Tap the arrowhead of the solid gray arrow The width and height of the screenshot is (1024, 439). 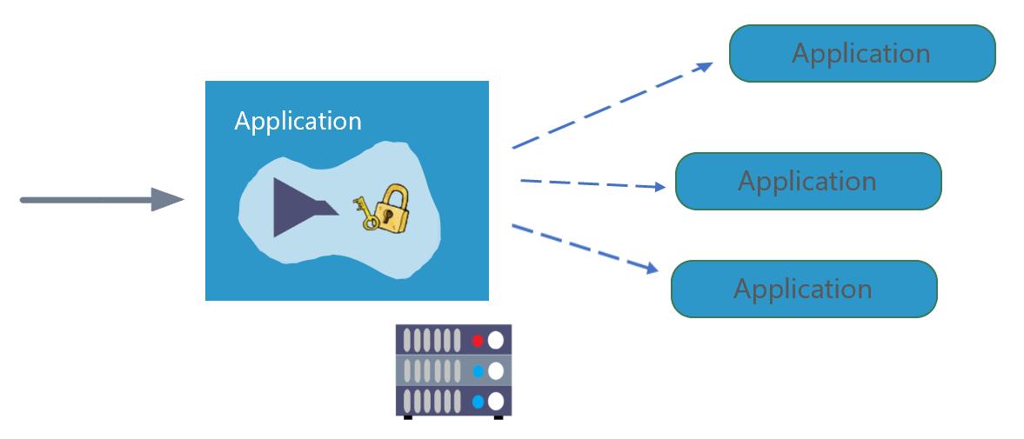pyautogui.click(x=167, y=200)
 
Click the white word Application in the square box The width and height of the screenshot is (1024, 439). pyautogui.click(x=298, y=121)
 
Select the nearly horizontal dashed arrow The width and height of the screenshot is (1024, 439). pyautogui.click(x=596, y=183)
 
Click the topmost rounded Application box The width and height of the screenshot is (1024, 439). pyautogui.click(x=861, y=53)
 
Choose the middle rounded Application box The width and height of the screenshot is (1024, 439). pyautogui.click(x=807, y=181)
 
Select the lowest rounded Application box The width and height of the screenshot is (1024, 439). pyautogui.click(x=803, y=289)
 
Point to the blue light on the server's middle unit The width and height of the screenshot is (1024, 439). pyautogui.click(x=477, y=372)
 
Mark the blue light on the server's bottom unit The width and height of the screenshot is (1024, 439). pyautogui.click(x=477, y=402)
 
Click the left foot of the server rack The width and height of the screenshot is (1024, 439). pyautogui.click(x=406, y=417)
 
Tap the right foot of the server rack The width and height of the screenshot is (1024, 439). pyautogui.click(x=499, y=417)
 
